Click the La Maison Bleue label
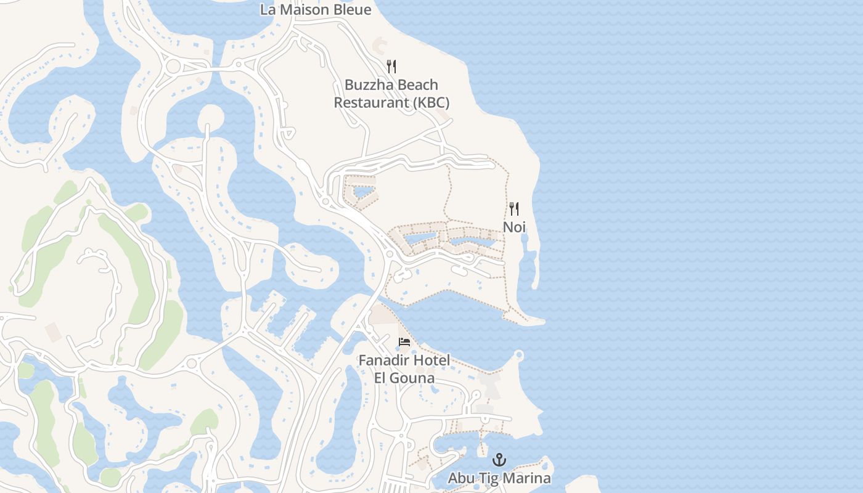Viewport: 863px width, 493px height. (316, 10)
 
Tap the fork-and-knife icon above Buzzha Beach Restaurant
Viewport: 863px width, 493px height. (391, 67)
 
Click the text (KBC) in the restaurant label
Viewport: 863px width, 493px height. (430, 102)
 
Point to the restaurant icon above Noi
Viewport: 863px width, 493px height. (514, 209)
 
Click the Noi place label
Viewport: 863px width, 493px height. (514, 227)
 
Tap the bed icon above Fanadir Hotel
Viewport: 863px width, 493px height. (404, 342)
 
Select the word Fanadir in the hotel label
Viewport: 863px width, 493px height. (382, 360)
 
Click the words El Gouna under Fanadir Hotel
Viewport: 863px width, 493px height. (404, 378)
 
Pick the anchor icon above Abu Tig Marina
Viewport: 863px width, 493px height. (499, 460)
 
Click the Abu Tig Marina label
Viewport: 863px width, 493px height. (499, 478)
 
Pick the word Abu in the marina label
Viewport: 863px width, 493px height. (461, 478)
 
